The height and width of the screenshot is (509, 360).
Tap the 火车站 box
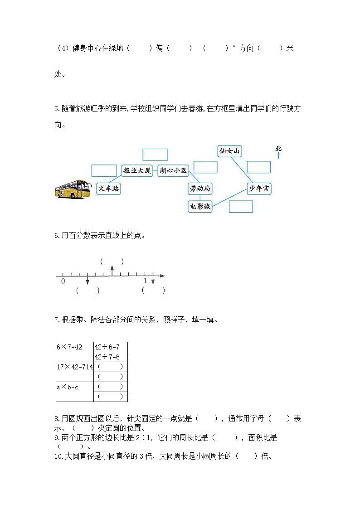click(109, 188)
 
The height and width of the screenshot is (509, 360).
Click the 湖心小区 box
click(173, 170)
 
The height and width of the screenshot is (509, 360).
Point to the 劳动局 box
click(199, 188)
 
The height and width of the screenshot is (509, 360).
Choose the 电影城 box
click(200, 206)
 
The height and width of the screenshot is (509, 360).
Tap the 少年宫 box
click(259, 189)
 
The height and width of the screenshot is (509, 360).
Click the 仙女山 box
click(229, 150)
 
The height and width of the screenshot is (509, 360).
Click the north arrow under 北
click(278, 156)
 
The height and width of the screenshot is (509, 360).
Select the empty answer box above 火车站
click(104, 170)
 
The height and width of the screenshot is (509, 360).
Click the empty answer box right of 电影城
click(241, 206)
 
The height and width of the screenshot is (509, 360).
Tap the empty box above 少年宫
click(258, 167)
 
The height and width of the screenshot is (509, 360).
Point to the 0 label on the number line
click(63, 281)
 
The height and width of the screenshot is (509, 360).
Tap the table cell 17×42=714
click(74, 367)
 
